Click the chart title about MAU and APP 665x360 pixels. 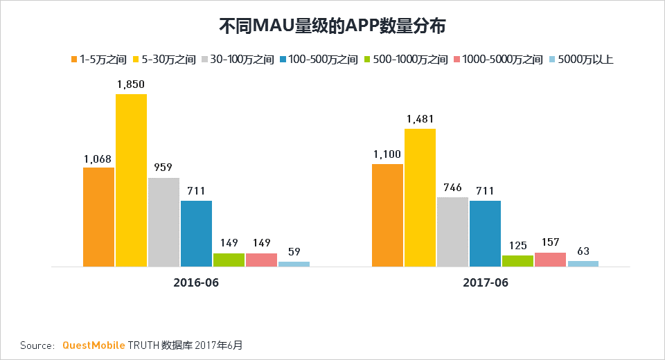tap(332, 26)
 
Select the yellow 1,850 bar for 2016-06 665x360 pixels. tap(131, 180)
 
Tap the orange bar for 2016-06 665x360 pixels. tap(98, 217)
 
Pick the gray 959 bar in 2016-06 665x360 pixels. tap(163, 222)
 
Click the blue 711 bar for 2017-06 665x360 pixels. tap(485, 233)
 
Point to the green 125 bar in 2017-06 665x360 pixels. tap(517, 260)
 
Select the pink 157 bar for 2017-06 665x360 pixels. tap(550, 259)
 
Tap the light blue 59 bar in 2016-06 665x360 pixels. tap(294, 264)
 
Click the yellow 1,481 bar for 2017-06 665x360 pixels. tap(420, 197)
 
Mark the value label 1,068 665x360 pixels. tap(98, 159)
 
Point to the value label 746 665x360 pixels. tap(452, 188)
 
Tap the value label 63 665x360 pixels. tap(583, 252)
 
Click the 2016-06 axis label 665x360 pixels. tap(196, 283)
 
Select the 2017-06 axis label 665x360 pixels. tap(485, 283)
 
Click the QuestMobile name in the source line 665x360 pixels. tap(94, 345)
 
